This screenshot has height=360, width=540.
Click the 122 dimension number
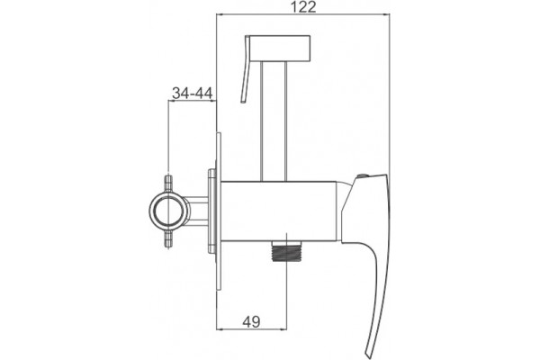point(303,7)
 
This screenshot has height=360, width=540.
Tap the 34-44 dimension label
point(193,93)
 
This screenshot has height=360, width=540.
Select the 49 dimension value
point(251,322)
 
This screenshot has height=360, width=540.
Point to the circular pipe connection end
point(169,210)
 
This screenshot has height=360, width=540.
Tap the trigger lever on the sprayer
point(245,69)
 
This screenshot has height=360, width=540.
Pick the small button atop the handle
point(362,176)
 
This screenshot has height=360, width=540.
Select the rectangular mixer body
point(278,211)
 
